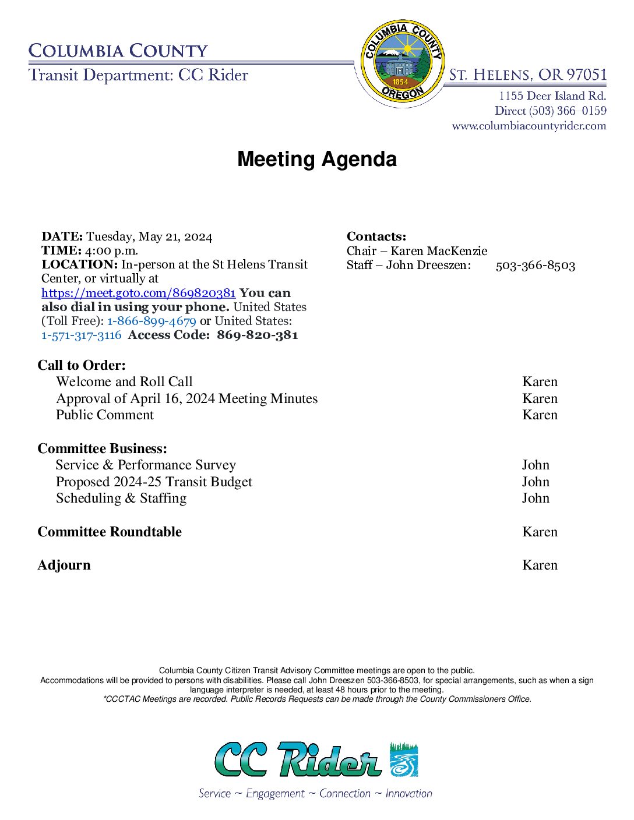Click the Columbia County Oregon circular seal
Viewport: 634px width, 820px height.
click(x=401, y=63)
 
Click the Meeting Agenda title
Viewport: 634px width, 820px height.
click(x=317, y=159)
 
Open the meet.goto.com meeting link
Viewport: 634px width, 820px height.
click(x=138, y=293)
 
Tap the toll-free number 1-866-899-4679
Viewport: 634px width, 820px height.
click(x=152, y=321)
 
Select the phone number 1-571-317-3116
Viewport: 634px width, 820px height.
click(x=82, y=335)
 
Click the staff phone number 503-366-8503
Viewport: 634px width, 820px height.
click(x=535, y=266)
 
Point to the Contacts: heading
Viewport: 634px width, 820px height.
click(x=376, y=236)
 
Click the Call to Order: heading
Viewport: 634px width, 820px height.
click(x=82, y=365)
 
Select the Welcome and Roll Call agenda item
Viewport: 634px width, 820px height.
click(x=124, y=381)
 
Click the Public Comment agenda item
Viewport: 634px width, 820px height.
click(x=105, y=415)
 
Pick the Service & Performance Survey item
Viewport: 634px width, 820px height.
click(x=146, y=465)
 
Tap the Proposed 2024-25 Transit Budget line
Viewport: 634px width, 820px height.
click(x=154, y=482)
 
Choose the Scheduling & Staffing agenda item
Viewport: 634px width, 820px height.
click(x=121, y=498)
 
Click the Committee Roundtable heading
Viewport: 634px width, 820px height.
click(x=110, y=532)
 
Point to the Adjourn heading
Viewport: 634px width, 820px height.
click(x=64, y=565)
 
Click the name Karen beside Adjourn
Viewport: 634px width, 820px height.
click(x=540, y=565)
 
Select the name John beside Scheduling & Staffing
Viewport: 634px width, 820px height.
click(x=536, y=498)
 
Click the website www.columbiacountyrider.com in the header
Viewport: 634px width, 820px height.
click(x=529, y=126)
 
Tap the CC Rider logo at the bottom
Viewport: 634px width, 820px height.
click(x=316, y=759)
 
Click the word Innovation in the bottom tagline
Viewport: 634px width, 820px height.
click(x=408, y=793)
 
